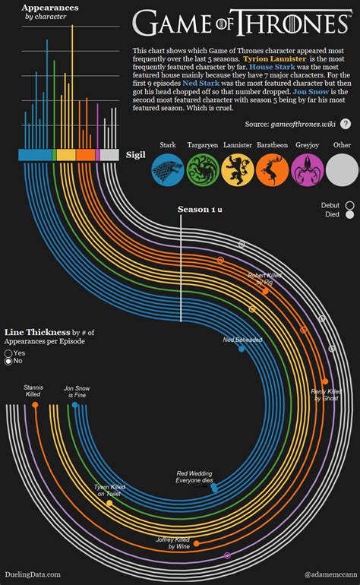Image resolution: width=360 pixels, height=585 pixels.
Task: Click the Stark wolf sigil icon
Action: pyautogui.click(x=167, y=168)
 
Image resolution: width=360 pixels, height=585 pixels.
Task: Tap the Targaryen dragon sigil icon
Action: pyautogui.click(x=202, y=168)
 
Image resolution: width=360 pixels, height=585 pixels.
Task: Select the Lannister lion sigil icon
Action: pyautogui.click(x=237, y=168)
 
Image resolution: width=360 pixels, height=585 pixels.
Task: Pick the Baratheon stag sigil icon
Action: pyautogui.click(x=272, y=168)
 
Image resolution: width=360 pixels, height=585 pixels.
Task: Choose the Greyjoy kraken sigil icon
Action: pyautogui.click(x=308, y=168)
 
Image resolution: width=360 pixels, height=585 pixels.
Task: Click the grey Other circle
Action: pyautogui.click(x=343, y=168)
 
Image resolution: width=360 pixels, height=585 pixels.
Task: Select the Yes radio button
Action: pyautogui.click(x=8, y=353)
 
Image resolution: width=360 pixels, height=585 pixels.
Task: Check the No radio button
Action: pyautogui.click(x=8, y=362)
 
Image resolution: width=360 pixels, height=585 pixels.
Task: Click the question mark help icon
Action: pyautogui.click(x=346, y=124)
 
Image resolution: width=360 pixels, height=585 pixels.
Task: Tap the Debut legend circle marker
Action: pyautogui.click(x=349, y=205)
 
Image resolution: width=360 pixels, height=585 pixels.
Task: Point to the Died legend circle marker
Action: pyautogui.click(x=349, y=215)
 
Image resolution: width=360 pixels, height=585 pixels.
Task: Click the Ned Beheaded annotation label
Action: pyautogui.click(x=242, y=340)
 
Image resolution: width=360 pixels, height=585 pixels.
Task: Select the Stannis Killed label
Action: pyautogui.click(x=33, y=391)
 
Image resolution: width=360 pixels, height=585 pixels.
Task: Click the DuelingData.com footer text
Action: pyautogui.click(x=32, y=575)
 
